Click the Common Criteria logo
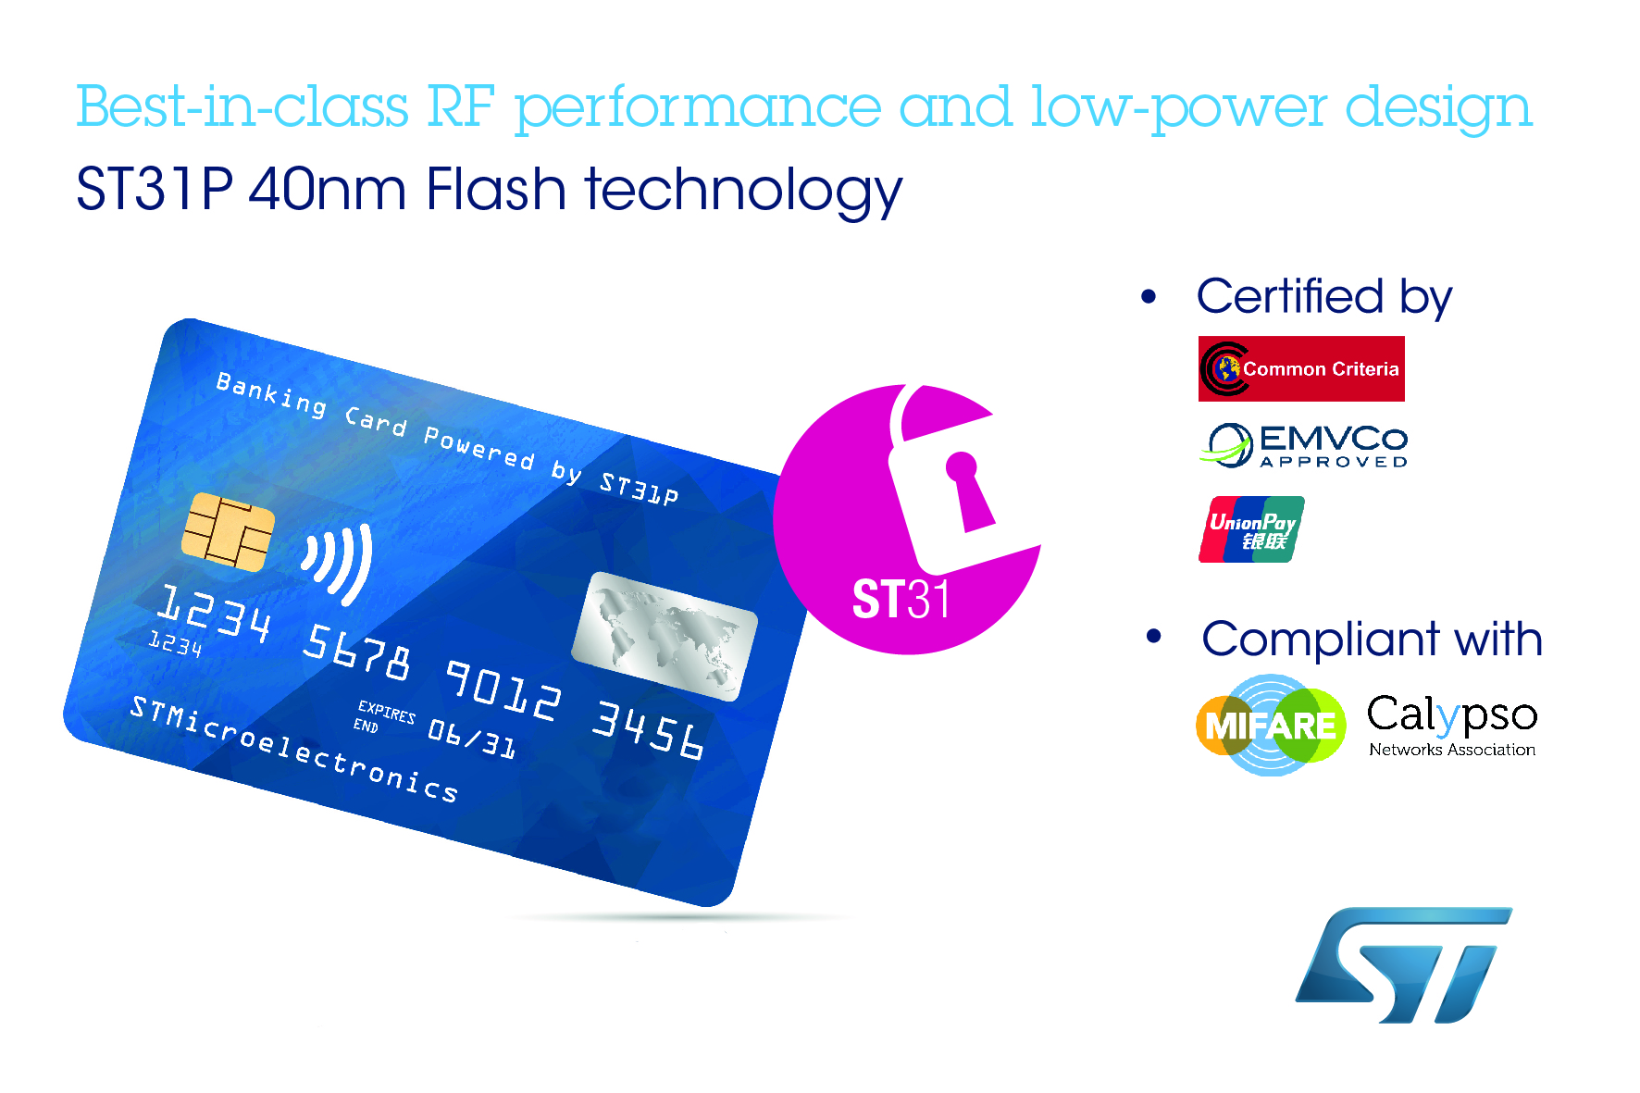[x=1301, y=368]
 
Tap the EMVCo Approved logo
[x=1303, y=445]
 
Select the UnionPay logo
[x=1251, y=529]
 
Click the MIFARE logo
[x=1271, y=725]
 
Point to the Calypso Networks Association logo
[x=1452, y=726]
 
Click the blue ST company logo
[x=1403, y=965]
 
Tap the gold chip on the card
[x=228, y=531]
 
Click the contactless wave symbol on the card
[x=338, y=563]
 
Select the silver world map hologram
[x=665, y=636]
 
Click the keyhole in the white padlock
[x=967, y=491]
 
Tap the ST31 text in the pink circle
[x=901, y=599]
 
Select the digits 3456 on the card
[x=648, y=730]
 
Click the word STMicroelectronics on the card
[x=293, y=749]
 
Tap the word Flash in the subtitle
[x=495, y=190]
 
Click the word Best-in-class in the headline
[x=242, y=107]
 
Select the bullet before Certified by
[x=1149, y=297]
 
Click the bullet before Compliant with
[x=1153, y=637]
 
